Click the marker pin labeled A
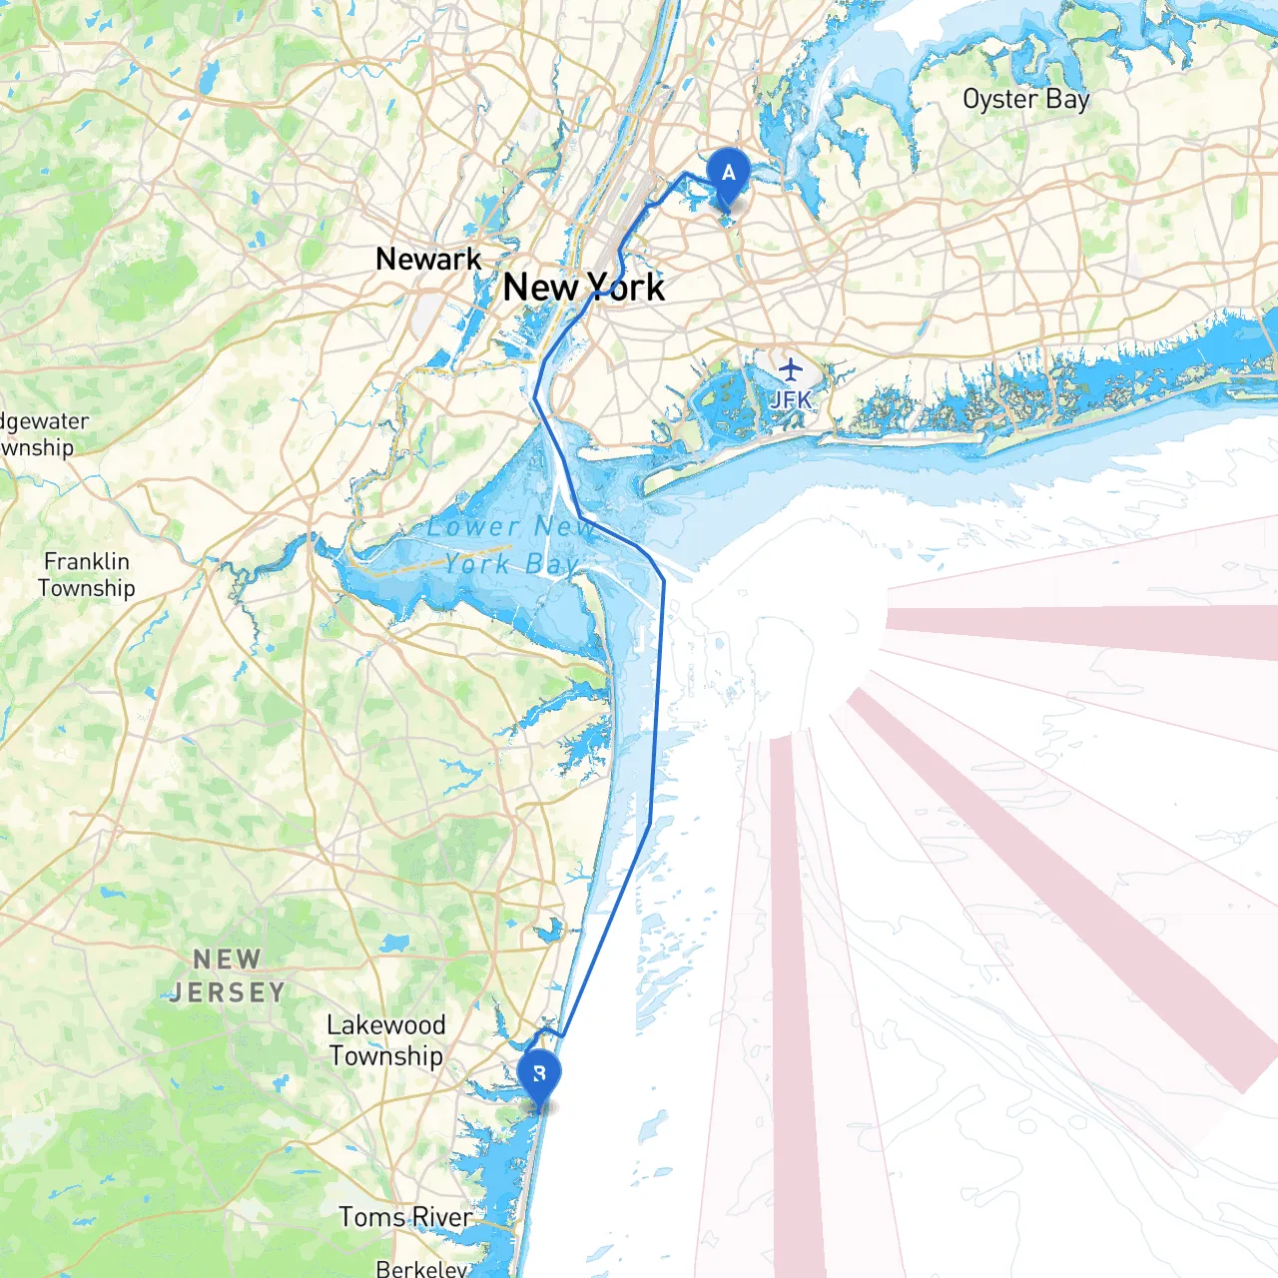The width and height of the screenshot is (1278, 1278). tap(729, 175)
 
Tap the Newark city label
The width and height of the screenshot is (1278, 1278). tap(428, 260)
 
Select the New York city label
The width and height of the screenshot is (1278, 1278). tap(583, 288)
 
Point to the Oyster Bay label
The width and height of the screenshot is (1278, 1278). tap(1025, 100)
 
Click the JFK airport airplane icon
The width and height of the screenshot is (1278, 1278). tap(791, 369)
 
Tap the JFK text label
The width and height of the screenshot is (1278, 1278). tap(791, 400)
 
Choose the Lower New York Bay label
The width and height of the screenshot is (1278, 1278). tap(509, 545)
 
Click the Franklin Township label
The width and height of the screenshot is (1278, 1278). tap(87, 575)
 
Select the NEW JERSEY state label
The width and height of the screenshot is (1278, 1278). tap(228, 976)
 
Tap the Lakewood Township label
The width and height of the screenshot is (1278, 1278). tap(386, 1040)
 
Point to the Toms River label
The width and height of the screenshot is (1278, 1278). tap(404, 1217)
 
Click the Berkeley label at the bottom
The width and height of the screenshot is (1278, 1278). tap(421, 1268)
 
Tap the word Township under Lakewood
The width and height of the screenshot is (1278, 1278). tap(386, 1056)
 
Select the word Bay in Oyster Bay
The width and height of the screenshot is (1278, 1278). tap(1067, 100)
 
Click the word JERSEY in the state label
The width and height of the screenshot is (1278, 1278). tap(228, 992)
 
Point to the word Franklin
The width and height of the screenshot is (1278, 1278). tap(87, 561)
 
